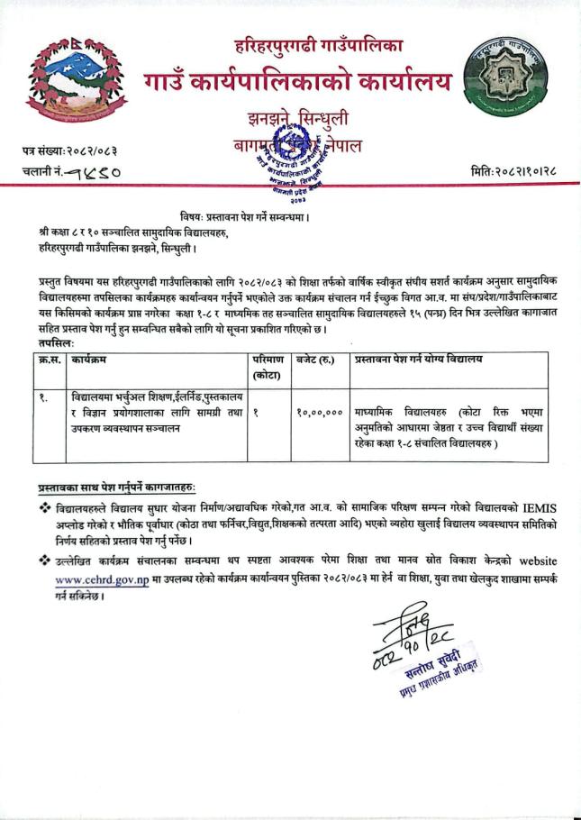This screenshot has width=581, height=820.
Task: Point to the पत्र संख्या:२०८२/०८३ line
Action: point(68,149)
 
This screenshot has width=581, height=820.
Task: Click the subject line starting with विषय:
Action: point(298,217)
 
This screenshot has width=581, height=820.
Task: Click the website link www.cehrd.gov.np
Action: point(96,580)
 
